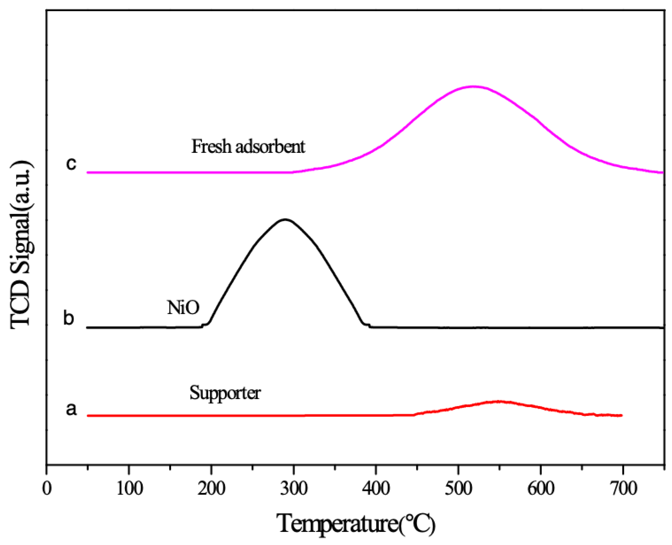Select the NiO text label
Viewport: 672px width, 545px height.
tap(183, 308)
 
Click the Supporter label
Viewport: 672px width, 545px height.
tap(225, 393)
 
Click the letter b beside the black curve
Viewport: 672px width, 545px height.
tap(68, 318)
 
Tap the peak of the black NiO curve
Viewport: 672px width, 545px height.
tap(285, 219)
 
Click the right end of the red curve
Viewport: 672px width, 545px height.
tap(622, 415)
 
